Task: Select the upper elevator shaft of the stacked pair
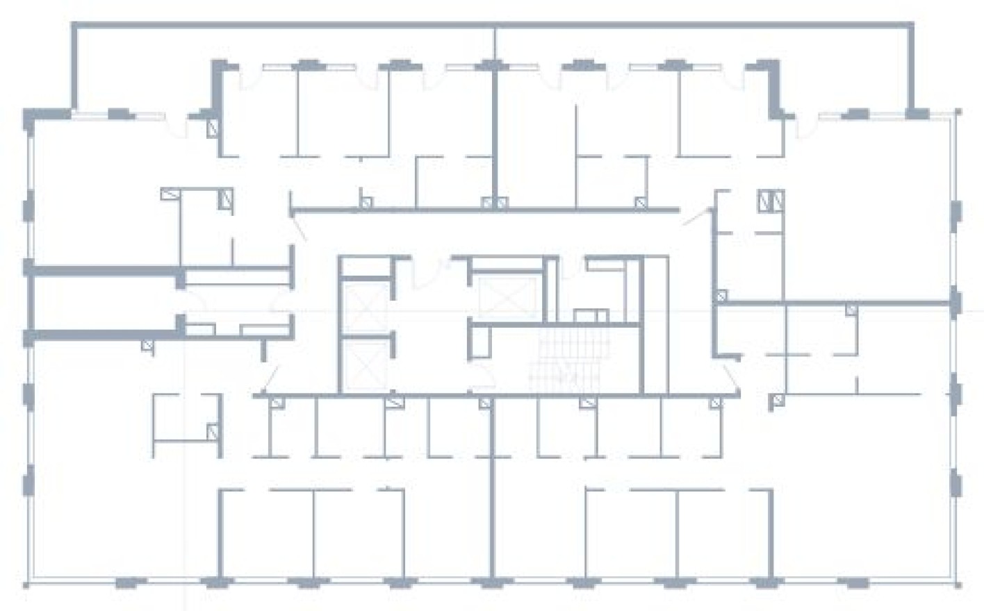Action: pos(368,305)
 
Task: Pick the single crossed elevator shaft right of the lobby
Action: pos(507,297)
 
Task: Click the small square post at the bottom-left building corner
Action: pos(26,585)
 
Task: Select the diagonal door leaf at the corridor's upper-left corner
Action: pos(300,229)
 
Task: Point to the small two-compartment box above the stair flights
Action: pos(591,316)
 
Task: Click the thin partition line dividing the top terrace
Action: pos(495,45)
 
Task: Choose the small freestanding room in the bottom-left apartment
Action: pos(186,417)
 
